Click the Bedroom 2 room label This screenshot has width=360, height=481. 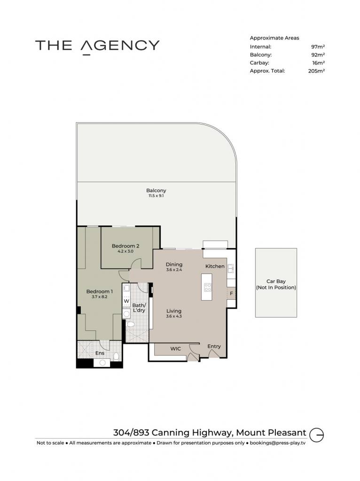click(x=125, y=246)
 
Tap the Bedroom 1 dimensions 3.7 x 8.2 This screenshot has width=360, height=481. click(x=100, y=297)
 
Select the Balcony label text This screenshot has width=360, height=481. click(x=156, y=191)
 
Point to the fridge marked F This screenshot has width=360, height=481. click(x=231, y=294)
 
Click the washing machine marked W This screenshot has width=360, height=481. click(x=126, y=301)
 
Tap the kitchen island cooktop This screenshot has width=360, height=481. click(x=207, y=287)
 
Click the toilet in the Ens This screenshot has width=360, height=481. click(x=116, y=356)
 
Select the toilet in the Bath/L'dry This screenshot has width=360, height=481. click(x=131, y=324)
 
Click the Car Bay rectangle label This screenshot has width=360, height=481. click(x=276, y=284)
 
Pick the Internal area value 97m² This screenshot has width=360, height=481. click(x=318, y=47)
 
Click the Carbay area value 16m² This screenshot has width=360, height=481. click(x=319, y=63)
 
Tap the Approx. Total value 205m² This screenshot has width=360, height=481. click(x=316, y=71)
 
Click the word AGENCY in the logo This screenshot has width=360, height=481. click(x=120, y=46)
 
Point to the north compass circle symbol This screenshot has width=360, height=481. click(x=316, y=435)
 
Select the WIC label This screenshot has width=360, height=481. click(x=176, y=349)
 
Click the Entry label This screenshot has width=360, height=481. click(x=214, y=346)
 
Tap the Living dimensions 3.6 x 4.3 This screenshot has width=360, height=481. click(x=174, y=316)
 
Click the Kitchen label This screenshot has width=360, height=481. click(x=215, y=266)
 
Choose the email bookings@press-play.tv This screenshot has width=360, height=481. click(x=278, y=443)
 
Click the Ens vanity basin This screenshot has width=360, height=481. click(x=102, y=363)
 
